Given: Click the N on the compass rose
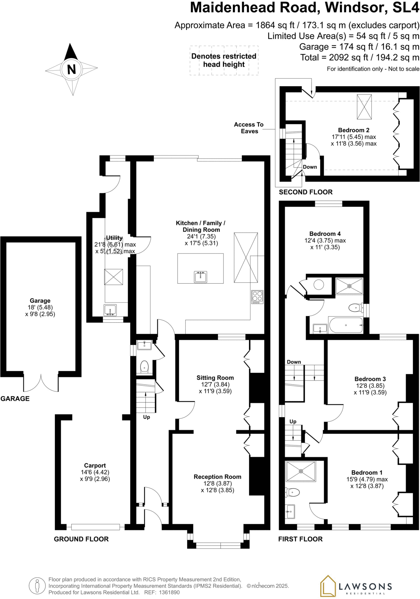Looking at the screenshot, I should [72, 69].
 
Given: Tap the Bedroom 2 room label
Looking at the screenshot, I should [354, 130].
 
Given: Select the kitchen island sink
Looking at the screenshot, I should [201, 277].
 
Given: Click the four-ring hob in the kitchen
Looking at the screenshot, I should [257, 297].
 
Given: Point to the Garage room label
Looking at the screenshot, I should [40, 301].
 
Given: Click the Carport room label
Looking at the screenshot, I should [95, 465].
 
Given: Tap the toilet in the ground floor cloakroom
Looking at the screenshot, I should [144, 366].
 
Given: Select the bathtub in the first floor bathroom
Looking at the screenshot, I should [346, 325].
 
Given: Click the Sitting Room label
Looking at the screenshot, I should [215, 378].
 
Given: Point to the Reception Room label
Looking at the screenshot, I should [217, 477].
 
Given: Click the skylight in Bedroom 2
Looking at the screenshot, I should [364, 107].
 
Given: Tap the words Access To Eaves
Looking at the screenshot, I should [249, 128].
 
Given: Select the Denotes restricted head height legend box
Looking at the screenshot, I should [224, 61].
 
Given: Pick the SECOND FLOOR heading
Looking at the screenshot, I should [306, 192].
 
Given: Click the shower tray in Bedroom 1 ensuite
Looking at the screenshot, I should [301, 471].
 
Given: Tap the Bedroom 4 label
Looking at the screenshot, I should [325, 234].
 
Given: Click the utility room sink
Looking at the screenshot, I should [110, 310].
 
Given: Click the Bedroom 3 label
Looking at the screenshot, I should [370, 379].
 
